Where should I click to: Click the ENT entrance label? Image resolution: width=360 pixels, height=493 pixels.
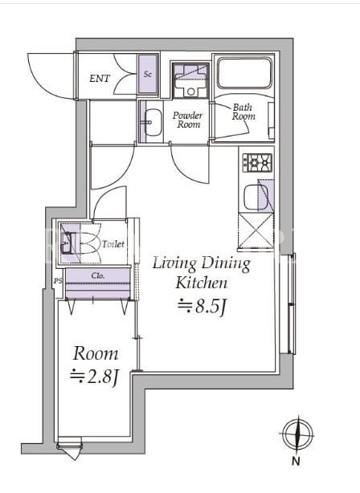click(100, 79)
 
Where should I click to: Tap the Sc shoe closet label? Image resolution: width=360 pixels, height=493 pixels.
click(148, 74)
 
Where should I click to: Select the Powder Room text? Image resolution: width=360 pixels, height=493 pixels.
click(187, 120)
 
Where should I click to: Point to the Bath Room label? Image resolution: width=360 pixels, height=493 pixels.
click(243, 112)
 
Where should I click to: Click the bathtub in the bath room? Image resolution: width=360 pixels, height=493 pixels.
click(245, 73)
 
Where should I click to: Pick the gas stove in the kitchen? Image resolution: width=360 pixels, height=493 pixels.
click(257, 162)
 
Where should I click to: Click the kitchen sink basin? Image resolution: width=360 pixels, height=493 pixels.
click(256, 198)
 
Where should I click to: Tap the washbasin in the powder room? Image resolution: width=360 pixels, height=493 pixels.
click(153, 122)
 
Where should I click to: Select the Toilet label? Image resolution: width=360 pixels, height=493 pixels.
click(113, 244)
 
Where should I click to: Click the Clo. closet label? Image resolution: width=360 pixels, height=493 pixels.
click(98, 275)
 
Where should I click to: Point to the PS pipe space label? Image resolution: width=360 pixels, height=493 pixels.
click(58, 281)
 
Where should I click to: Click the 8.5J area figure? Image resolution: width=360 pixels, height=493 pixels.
click(202, 307)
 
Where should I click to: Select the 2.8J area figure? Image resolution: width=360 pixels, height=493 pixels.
click(95, 376)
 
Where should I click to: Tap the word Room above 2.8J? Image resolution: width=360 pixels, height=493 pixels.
click(96, 354)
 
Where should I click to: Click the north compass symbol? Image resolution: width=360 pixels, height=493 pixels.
click(298, 435)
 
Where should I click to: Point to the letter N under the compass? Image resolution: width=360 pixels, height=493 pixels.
click(296, 461)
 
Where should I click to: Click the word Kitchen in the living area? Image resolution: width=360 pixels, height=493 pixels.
click(202, 283)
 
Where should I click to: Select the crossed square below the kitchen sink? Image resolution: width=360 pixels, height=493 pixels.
click(256, 231)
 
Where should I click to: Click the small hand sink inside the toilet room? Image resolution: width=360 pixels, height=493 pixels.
click(67, 243)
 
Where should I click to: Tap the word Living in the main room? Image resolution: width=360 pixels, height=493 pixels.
click(174, 263)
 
